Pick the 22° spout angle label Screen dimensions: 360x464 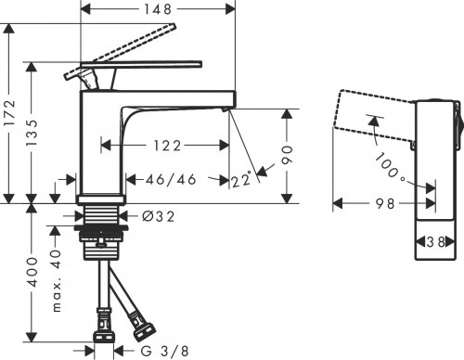coord(242,180)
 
